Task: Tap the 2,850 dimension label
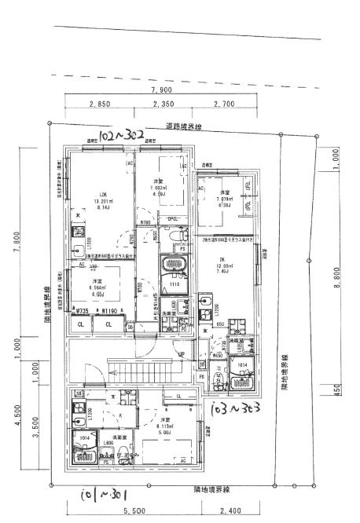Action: point(99,104)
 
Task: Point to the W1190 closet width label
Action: point(109,312)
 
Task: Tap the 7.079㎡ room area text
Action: point(225,199)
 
